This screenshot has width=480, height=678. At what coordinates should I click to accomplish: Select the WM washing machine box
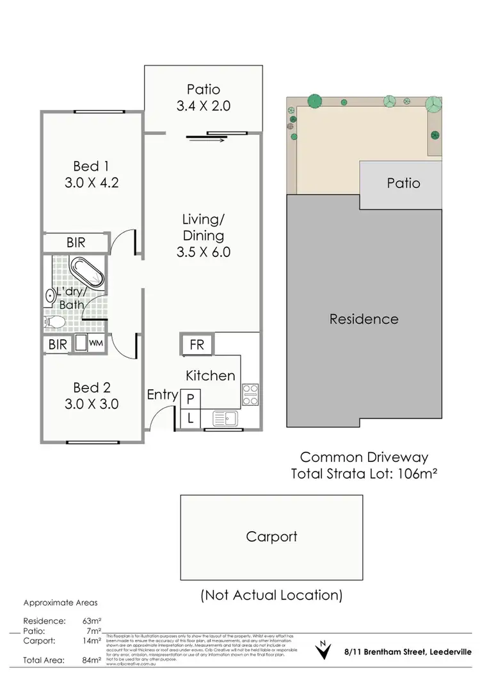click(95, 344)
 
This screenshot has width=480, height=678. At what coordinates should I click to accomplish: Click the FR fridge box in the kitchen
click(197, 344)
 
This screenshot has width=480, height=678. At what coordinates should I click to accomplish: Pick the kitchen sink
click(225, 419)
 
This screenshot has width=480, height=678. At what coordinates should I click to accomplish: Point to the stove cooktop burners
click(250, 395)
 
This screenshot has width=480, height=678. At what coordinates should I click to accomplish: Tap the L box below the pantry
click(190, 419)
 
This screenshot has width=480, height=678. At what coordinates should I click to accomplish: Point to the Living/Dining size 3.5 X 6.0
click(204, 251)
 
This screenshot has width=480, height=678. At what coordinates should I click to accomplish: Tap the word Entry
click(162, 395)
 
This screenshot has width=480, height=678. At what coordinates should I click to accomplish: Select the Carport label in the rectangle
click(271, 536)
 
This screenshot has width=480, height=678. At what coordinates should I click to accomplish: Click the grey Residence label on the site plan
click(364, 319)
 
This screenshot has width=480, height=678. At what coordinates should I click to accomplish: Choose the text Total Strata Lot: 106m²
click(364, 474)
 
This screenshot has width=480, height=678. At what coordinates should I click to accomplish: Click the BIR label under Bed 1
click(76, 243)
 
